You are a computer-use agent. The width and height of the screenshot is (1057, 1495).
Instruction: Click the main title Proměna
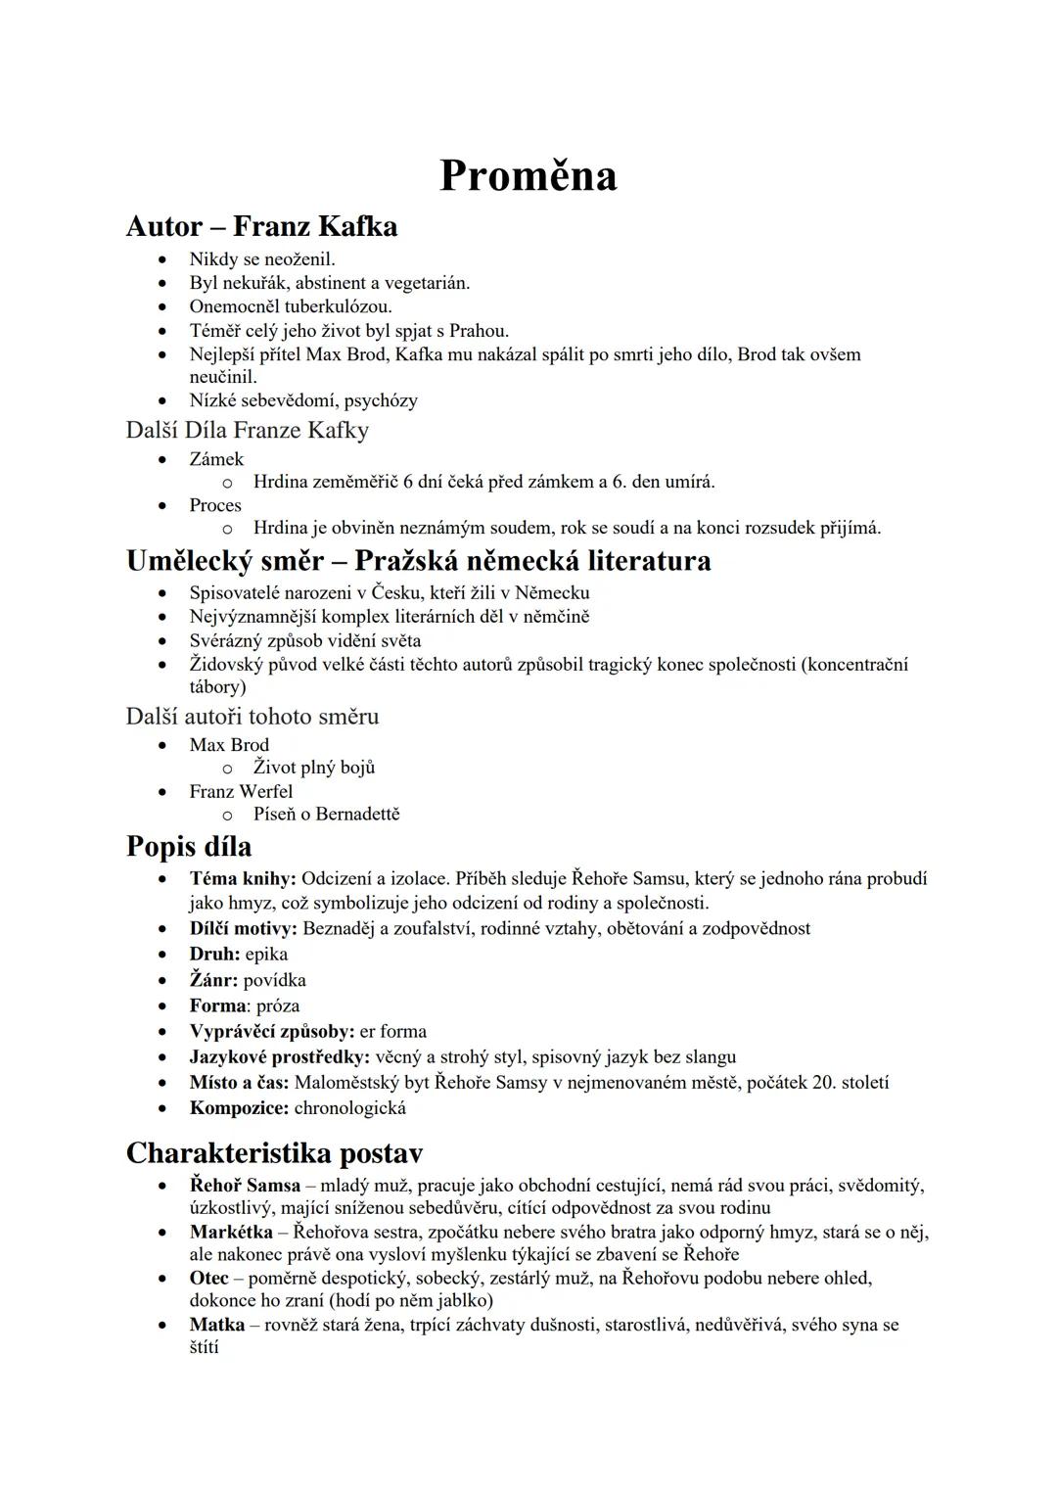(528, 176)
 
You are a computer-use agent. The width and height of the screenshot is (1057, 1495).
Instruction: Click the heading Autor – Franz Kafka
(261, 226)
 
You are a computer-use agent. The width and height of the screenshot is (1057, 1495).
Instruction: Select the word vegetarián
(427, 283)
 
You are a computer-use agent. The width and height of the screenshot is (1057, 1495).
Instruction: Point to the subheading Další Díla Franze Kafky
(247, 430)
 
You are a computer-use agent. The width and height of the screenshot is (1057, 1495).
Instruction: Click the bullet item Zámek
(216, 458)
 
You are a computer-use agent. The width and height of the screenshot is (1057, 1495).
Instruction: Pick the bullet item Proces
(215, 505)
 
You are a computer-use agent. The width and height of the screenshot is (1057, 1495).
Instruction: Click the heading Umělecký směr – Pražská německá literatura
(418, 561)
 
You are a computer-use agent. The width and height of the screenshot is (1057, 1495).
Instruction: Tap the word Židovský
(227, 665)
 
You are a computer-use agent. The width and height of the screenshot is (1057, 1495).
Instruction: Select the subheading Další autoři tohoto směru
(252, 717)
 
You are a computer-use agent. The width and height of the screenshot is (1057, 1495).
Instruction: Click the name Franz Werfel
(241, 791)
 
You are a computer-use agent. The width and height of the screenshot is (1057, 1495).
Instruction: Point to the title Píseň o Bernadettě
(326, 814)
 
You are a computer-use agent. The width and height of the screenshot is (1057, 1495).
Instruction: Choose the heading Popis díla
(189, 847)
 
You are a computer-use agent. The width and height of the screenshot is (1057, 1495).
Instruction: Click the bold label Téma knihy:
(243, 879)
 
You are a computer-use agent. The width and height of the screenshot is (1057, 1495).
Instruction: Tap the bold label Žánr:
(213, 980)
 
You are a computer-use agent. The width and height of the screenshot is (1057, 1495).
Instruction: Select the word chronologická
(349, 1108)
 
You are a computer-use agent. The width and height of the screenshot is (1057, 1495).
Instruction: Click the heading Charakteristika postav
(274, 1153)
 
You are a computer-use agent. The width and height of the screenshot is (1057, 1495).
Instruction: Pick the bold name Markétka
(231, 1232)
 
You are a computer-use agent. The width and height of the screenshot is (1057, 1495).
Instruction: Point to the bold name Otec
(208, 1278)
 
